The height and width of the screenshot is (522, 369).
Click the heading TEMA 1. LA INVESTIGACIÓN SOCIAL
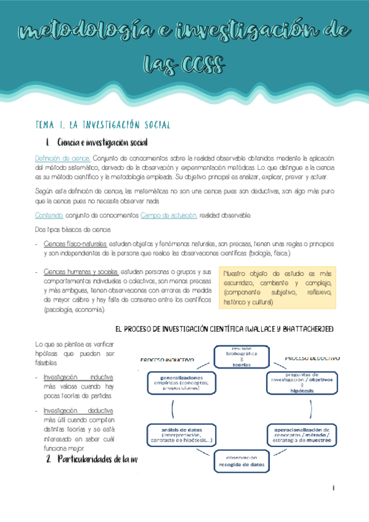click(x=103, y=125)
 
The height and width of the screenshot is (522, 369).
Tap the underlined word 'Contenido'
click(x=49, y=215)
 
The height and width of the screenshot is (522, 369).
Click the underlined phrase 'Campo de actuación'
click(x=169, y=215)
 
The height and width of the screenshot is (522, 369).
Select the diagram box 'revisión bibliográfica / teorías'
click(x=241, y=356)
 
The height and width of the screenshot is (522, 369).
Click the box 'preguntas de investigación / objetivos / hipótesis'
click(x=301, y=382)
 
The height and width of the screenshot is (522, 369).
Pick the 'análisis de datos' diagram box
click(x=179, y=435)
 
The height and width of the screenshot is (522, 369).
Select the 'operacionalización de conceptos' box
click(x=302, y=435)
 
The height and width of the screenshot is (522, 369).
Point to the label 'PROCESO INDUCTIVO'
click(x=168, y=359)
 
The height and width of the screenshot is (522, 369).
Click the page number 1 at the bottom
click(x=333, y=488)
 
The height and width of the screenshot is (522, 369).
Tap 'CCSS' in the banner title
click(x=203, y=63)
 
